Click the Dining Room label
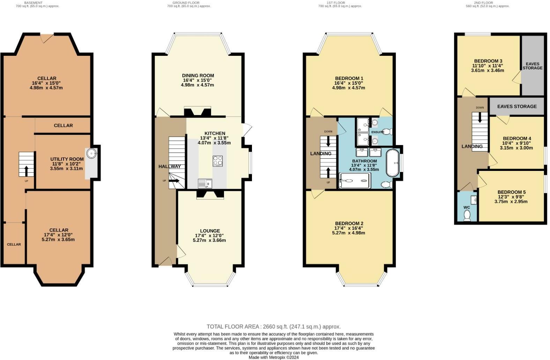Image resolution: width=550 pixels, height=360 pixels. [198, 75]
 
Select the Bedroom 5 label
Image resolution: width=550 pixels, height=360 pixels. [511, 192]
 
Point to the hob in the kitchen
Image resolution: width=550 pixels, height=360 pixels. [218, 160]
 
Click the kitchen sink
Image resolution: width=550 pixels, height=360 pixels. [205, 183]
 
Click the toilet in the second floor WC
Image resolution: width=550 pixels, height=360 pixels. [467, 216]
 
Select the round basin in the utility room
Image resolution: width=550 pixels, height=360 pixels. [91, 152]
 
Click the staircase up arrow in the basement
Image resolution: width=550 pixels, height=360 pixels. [27, 171]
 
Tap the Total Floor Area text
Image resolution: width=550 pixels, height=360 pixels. [274, 327]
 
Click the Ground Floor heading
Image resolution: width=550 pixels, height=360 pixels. [186, 2]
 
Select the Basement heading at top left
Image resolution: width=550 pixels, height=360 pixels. [33, 2]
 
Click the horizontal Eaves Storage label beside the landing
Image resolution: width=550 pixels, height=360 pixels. [517, 106]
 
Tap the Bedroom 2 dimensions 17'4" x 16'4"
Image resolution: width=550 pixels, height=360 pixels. [349, 228]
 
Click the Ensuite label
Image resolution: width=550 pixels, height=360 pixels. [377, 132]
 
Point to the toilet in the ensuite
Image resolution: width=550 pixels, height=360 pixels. [387, 132]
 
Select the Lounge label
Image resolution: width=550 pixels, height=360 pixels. [210, 231]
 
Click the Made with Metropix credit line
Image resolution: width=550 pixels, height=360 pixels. [273, 357]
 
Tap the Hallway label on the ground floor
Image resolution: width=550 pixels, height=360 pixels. [170, 166]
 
